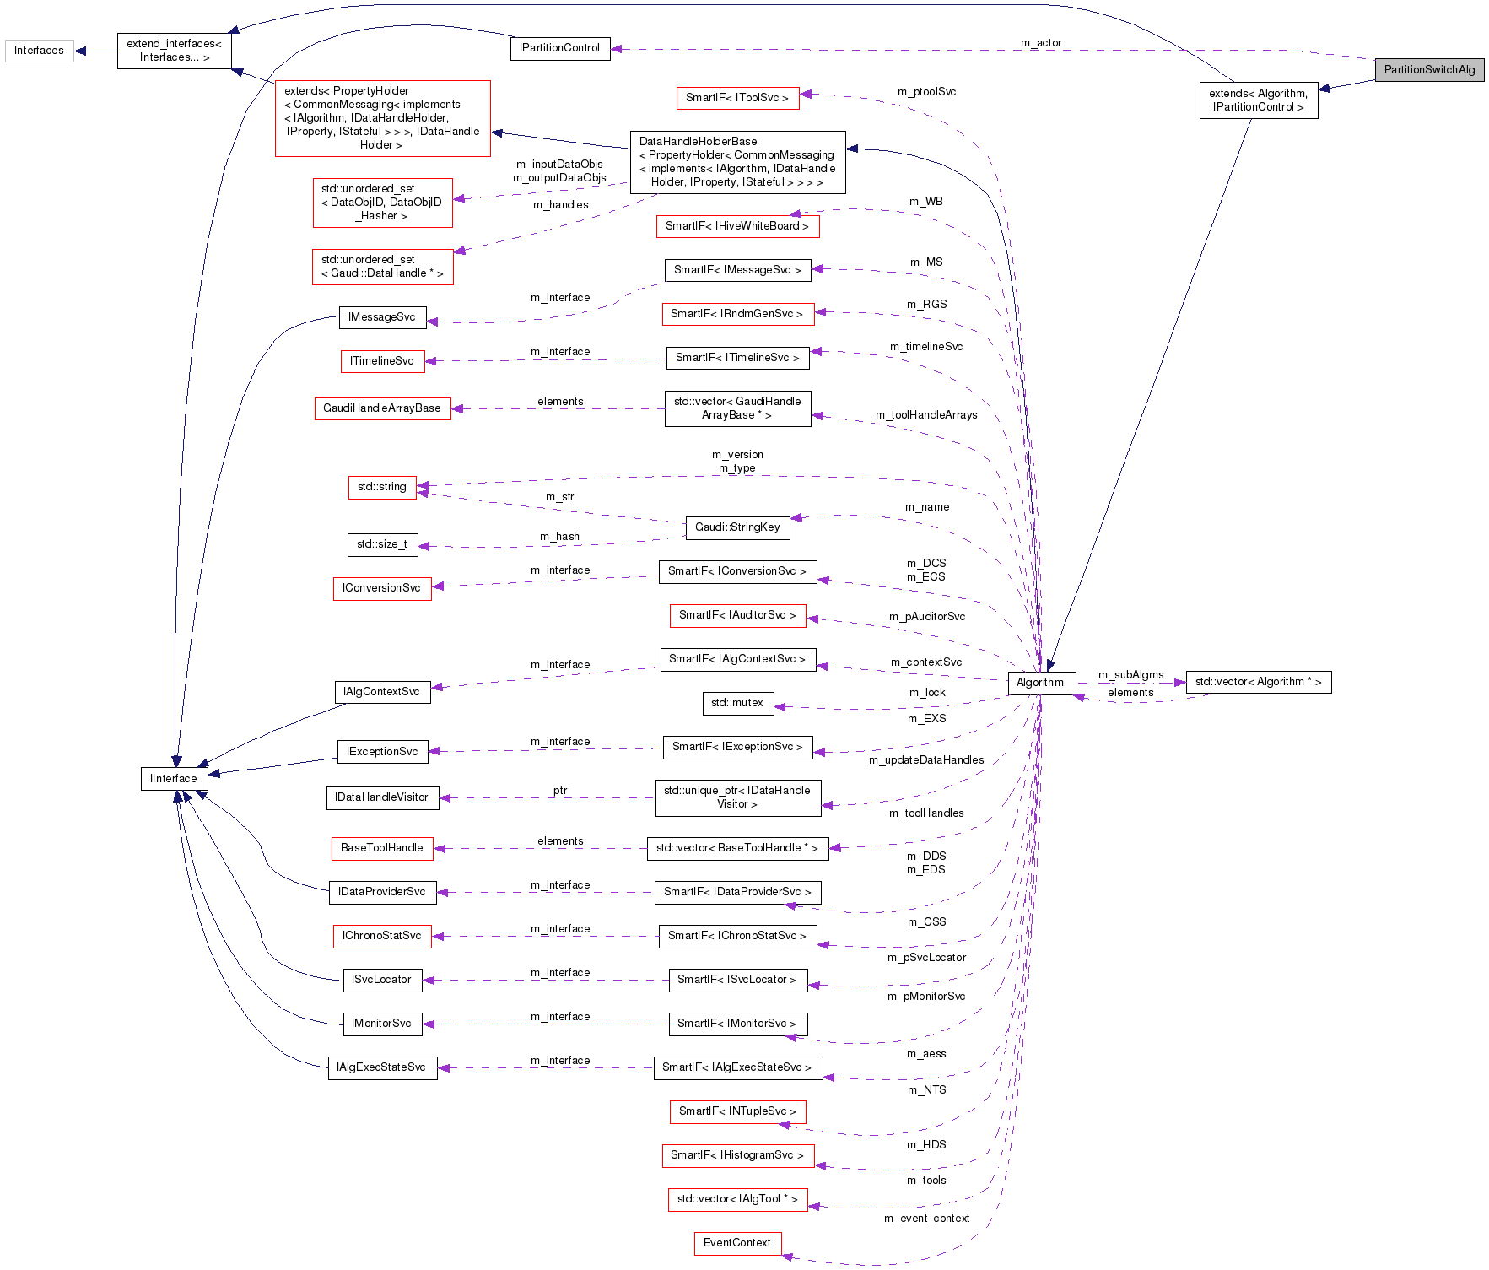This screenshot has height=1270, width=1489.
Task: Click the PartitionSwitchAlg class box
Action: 1429,70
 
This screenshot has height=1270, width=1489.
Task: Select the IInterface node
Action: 174,779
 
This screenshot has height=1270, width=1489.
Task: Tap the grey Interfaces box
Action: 39,51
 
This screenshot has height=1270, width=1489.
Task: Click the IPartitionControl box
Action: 559,48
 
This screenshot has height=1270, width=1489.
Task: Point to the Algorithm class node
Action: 1040,683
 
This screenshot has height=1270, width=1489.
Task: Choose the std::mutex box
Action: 736,703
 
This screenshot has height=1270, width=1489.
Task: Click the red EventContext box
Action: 737,1243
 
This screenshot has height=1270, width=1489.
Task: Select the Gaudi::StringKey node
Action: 737,527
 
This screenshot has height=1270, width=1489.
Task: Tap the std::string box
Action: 381,487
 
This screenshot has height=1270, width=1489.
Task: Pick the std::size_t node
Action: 381,544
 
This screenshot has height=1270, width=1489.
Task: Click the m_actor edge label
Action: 1041,43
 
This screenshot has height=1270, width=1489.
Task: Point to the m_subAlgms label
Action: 1130,675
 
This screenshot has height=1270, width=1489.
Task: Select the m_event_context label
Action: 926,1219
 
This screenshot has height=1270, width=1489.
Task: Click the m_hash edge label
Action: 559,537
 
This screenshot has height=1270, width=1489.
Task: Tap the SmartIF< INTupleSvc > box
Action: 737,1111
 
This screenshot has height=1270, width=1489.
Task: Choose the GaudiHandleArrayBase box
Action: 381,408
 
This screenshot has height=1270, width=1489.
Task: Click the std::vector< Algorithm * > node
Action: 1258,682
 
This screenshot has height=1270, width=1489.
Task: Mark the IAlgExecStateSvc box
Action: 381,1067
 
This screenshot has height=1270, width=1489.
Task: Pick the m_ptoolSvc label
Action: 926,92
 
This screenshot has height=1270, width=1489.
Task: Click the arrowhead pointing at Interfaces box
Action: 80,51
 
